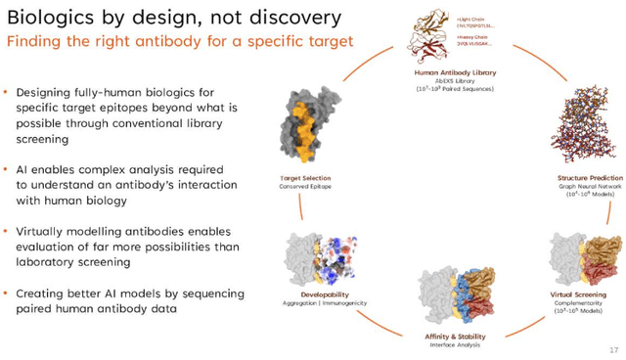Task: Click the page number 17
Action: [614, 349]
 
